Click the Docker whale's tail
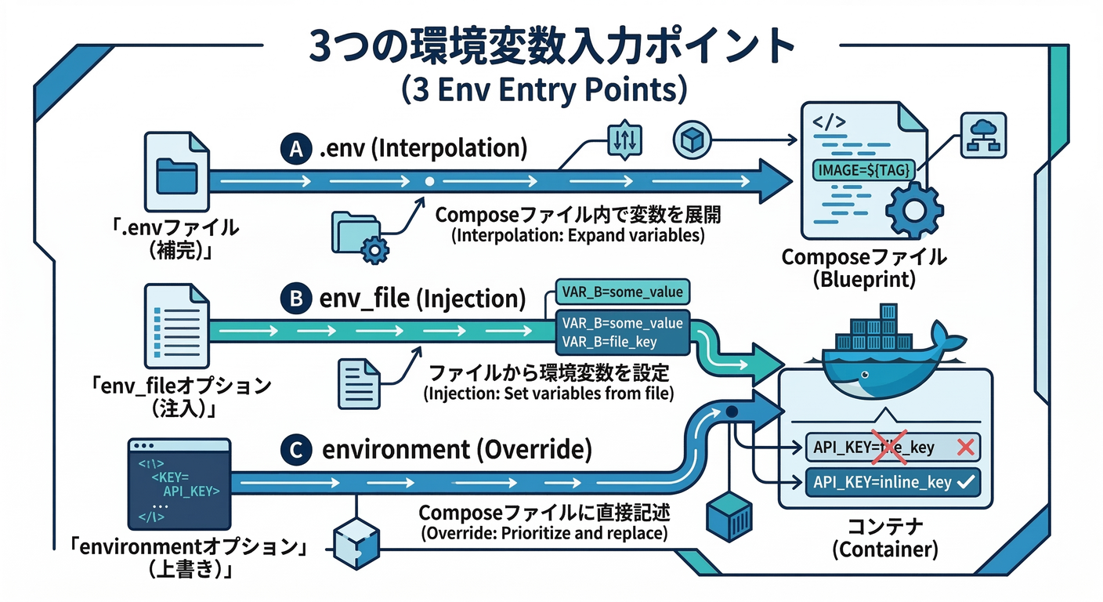tap(949, 343)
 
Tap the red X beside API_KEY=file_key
tap(965, 448)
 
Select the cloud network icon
tap(983, 134)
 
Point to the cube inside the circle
tap(693, 140)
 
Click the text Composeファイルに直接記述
tap(544, 513)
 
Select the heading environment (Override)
tap(457, 451)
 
